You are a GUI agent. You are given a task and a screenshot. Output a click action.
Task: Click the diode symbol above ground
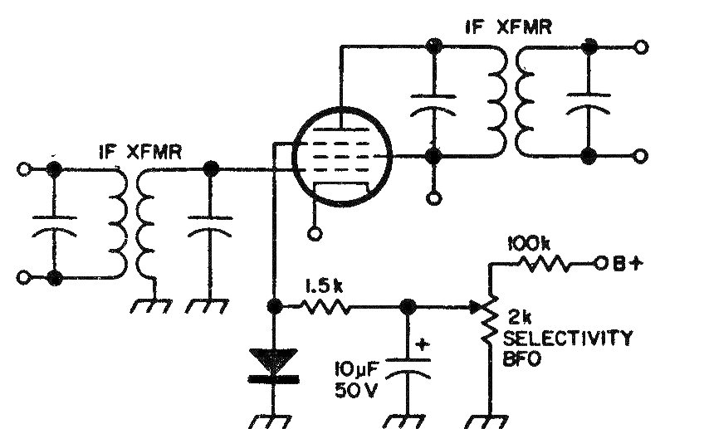273,366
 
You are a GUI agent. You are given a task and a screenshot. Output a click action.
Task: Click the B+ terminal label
624,266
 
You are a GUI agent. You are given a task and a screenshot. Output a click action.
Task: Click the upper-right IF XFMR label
508,27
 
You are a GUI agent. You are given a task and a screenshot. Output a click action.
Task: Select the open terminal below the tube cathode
314,234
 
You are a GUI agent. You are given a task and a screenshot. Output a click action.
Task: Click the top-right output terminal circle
639,47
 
